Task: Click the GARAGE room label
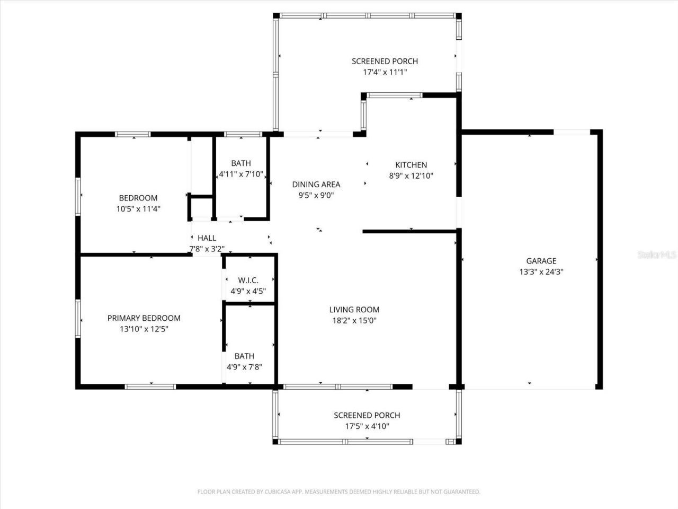tap(541, 261)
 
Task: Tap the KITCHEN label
tap(411, 165)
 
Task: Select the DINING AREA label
tap(316, 185)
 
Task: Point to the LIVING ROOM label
tap(354, 310)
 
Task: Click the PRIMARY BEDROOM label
tap(144, 318)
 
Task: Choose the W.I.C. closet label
tap(248, 280)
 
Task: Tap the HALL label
tap(207, 238)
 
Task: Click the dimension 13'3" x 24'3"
tap(541, 271)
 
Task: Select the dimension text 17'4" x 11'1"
tap(385, 72)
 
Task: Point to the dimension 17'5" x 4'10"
tap(367, 426)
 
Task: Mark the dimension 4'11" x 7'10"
tap(241, 174)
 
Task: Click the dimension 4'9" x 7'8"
tap(244, 366)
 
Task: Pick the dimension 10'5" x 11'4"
tap(138, 209)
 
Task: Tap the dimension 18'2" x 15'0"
tap(354, 320)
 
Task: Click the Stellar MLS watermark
tap(657, 255)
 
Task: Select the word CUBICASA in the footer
tap(276, 492)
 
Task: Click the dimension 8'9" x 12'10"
tap(411, 175)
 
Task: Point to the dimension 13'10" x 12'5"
tap(144, 329)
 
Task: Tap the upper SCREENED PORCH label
tap(385, 62)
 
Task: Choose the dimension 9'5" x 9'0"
tap(316, 195)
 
